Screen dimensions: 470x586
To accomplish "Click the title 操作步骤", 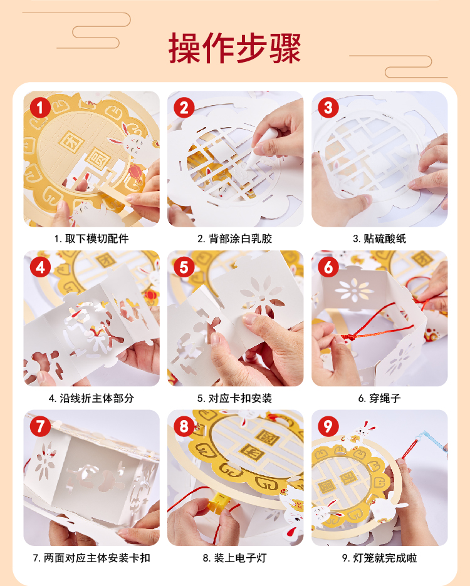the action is click(x=234, y=48).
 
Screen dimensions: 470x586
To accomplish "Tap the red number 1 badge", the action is click(x=40, y=108).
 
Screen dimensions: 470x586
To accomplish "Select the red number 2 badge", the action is click(x=184, y=108).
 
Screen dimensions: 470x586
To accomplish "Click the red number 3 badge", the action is click(x=328, y=108).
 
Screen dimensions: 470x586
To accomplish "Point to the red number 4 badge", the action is click(x=40, y=267).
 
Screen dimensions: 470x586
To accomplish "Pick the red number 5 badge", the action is click(x=184, y=267).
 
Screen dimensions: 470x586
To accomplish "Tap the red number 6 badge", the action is click(x=328, y=267).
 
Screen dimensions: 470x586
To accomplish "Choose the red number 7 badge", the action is click(x=40, y=426).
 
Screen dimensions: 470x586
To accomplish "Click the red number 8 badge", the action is click(x=184, y=426).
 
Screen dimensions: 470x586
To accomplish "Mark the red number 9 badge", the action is click(x=328, y=426).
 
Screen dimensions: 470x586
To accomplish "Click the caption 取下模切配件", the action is click(x=97, y=239).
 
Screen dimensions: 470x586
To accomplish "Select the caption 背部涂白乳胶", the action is click(x=240, y=239).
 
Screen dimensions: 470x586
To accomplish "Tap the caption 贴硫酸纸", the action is click(x=385, y=239).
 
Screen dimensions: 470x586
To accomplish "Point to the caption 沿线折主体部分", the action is click(x=97, y=398).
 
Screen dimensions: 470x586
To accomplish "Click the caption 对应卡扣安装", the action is click(x=240, y=398).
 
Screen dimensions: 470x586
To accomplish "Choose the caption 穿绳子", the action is click(x=385, y=398).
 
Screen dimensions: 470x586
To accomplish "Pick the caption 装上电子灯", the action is click(x=240, y=558).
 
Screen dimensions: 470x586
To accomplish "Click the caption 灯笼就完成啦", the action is click(x=385, y=558).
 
